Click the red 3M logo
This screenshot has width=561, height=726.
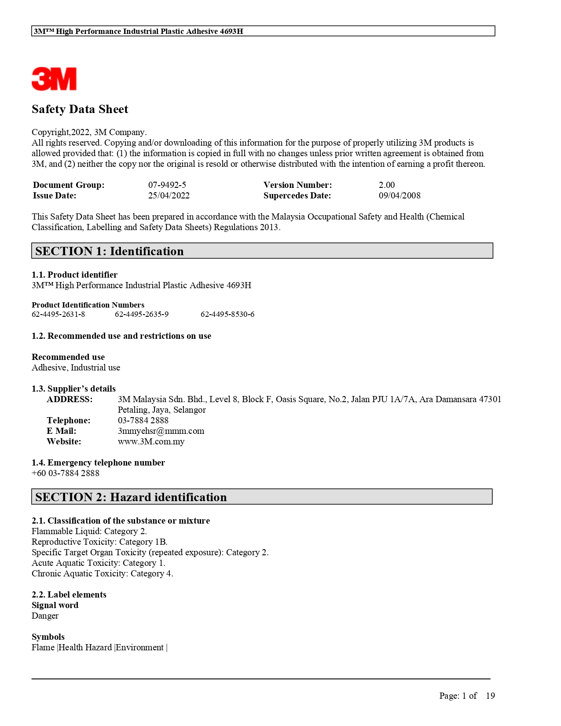click(54, 79)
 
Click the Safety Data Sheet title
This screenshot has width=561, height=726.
click(80, 109)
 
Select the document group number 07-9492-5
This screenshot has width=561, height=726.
click(167, 185)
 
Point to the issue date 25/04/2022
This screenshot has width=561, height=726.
click(169, 196)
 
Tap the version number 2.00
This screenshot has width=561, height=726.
click(386, 185)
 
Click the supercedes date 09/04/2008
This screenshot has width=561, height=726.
click(399, 196)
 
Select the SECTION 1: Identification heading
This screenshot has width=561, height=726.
click(110, 251)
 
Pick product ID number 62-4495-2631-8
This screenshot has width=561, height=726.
click(58, 314)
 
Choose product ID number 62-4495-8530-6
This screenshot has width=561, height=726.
click(227, 314)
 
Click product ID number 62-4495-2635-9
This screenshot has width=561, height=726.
click(141, 314)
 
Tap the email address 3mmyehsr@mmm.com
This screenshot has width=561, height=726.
click(161, 431)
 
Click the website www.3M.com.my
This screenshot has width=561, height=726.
click(151, 442)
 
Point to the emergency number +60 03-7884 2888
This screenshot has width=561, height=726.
click(65, 473)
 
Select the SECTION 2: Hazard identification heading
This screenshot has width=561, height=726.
click(131, 497)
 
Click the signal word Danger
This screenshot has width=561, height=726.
click(45, 616)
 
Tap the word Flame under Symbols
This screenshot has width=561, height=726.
click(43, 648)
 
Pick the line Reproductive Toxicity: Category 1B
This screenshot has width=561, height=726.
click(99, 542)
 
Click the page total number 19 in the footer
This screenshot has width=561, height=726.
click(490, 696)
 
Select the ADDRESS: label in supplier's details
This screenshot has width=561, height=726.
click(70, 400)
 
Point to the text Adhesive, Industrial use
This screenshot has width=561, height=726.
click(76, 368)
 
